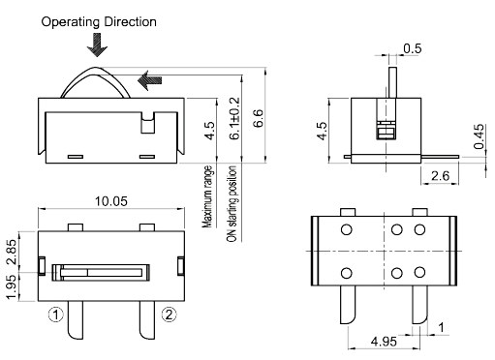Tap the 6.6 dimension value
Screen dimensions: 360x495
point(259,119)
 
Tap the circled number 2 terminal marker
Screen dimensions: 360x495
point(169,314)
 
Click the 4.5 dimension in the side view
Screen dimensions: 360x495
point(322,130)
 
